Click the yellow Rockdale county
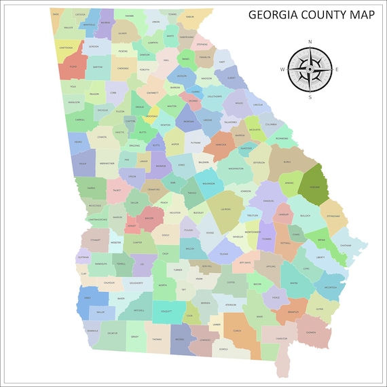click(x=153, y=115)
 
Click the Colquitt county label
click(x=166, y=312)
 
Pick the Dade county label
click(x=56, y=14)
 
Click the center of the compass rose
click(x=310, y=69)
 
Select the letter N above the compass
click(x=310, y=42)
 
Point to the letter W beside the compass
click(x=282, y=69)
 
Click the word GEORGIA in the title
click(x=274, y=14)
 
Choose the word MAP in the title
click(x=357, y=14)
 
